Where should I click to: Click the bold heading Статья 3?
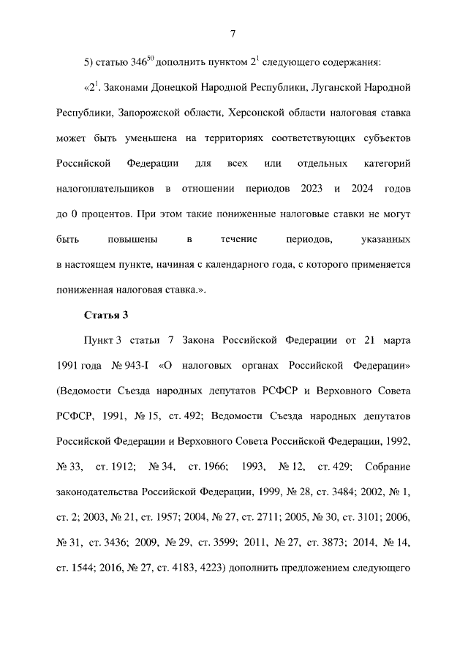pyautogui.click(x=106, y=315)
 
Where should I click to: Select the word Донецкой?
pyautogui.click(x=174, y=88)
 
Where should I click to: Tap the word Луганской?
pyautogui.click(x=335, y=88)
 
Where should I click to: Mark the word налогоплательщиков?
pyautogui.click(x=105, y=189)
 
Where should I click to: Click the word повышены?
pyautogui.click(x=127, y=240)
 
